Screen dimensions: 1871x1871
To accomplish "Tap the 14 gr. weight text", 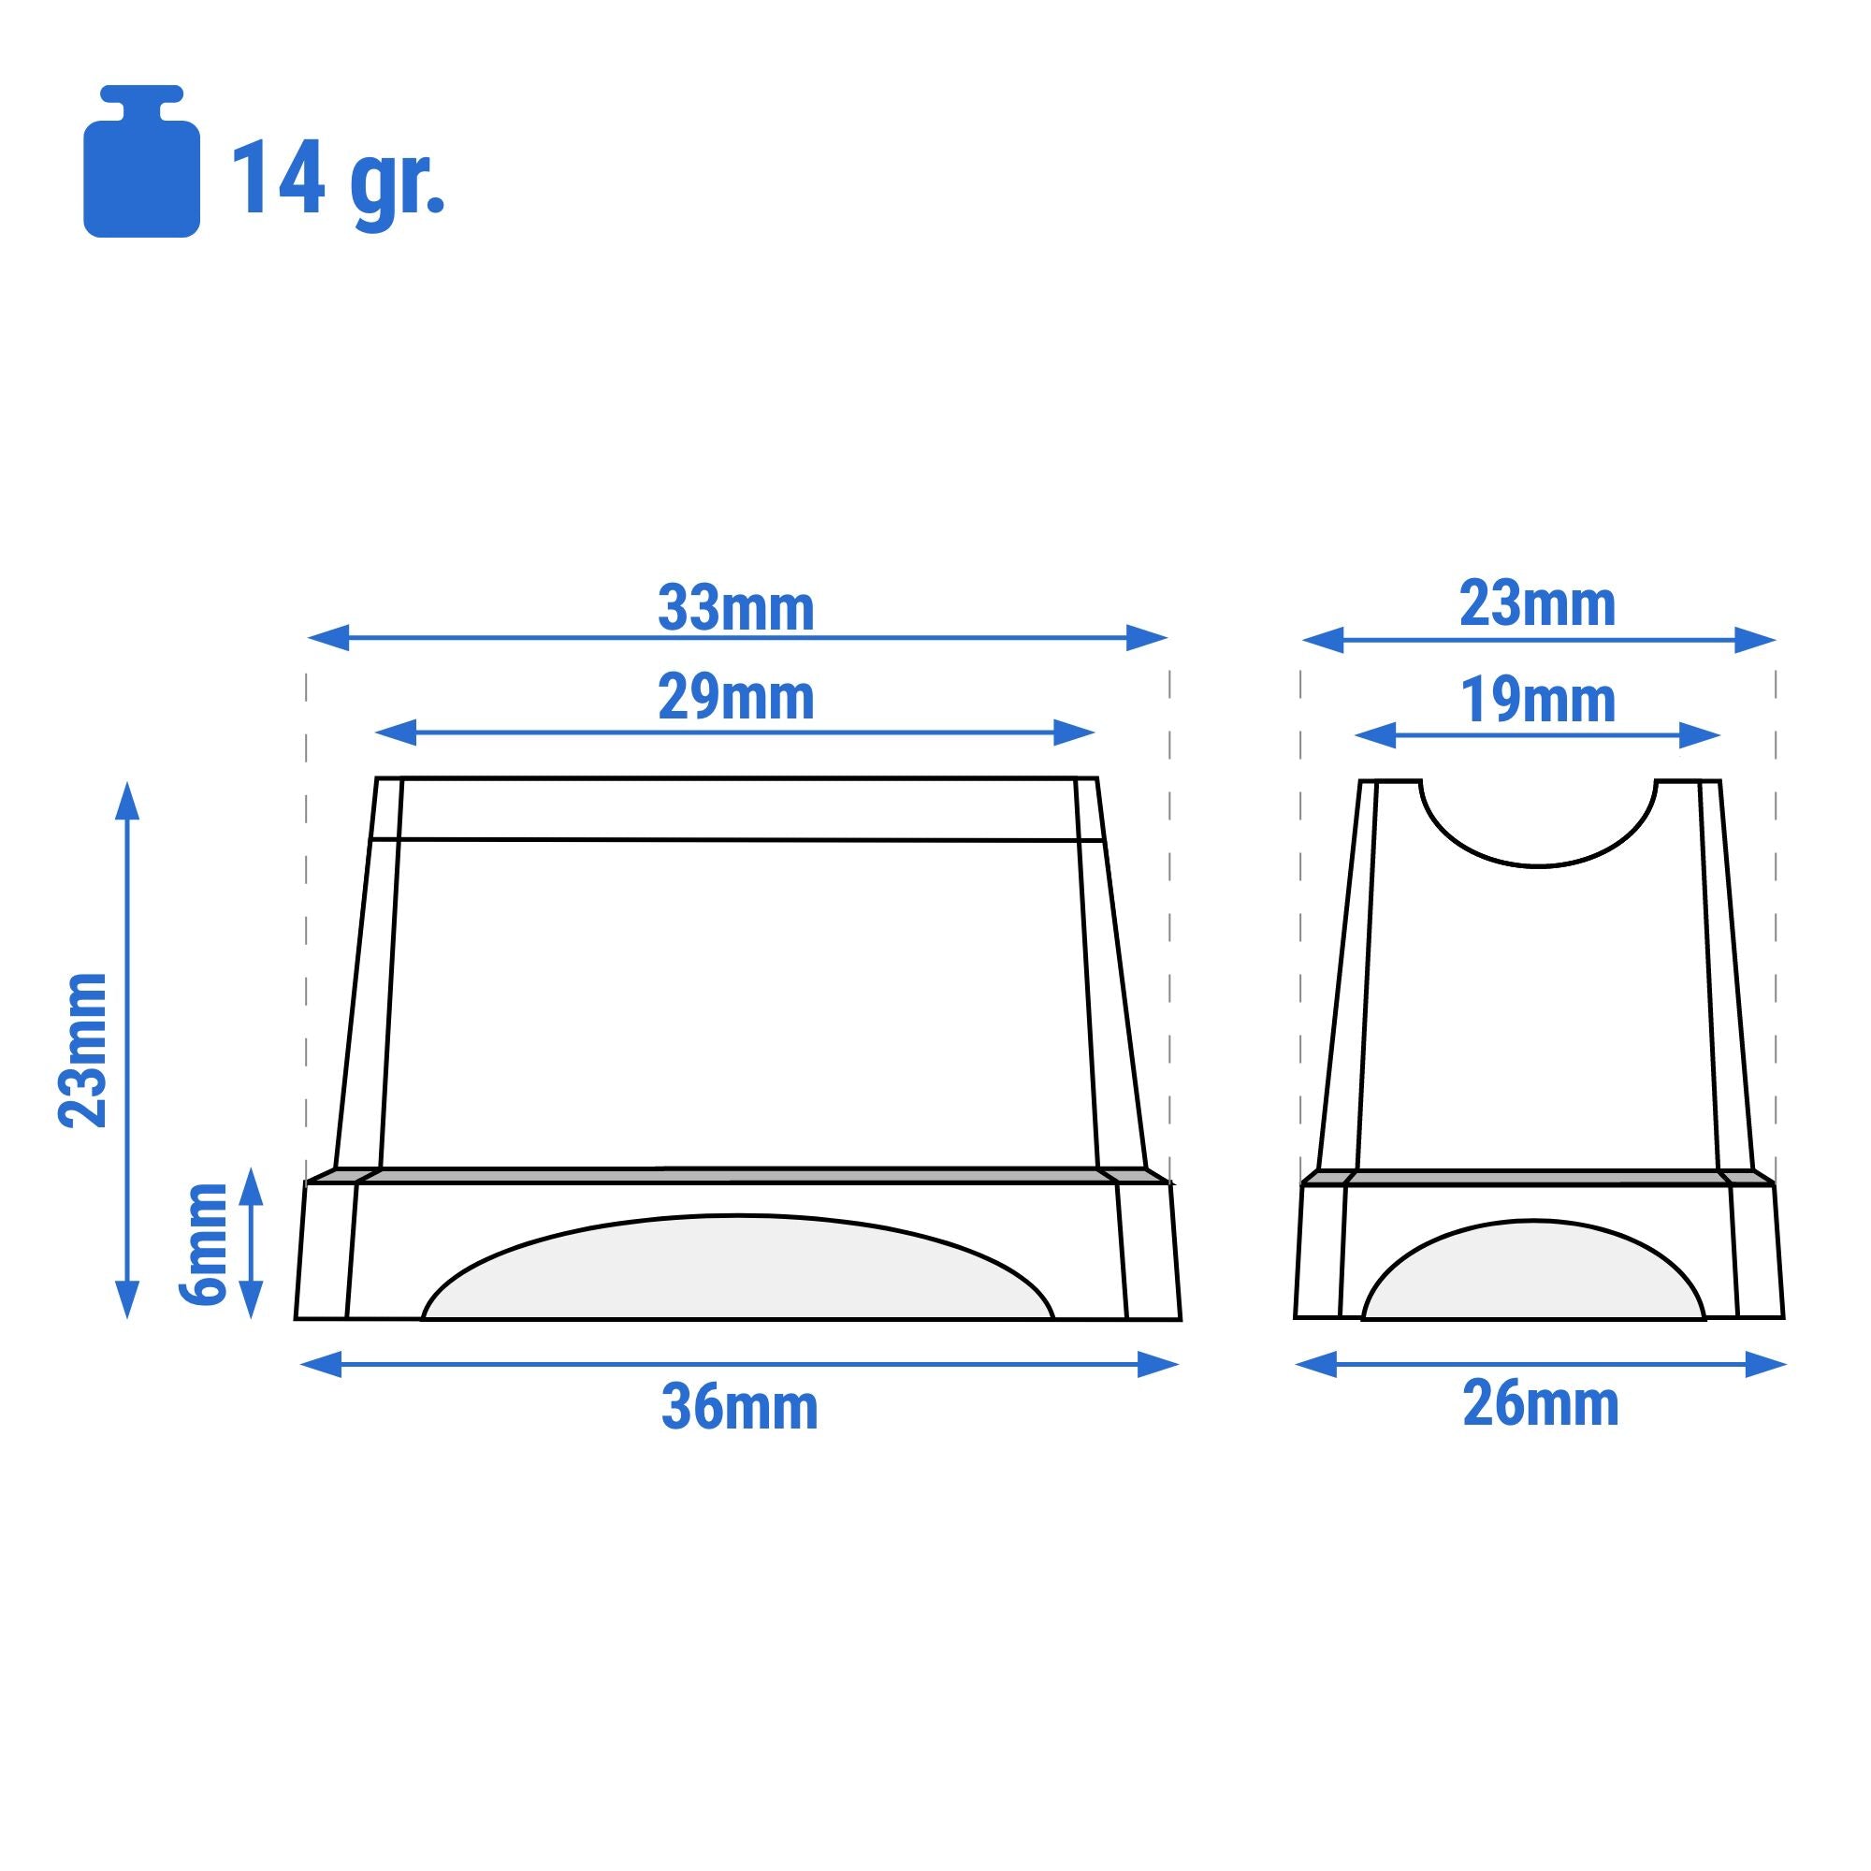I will (x=337, y=180).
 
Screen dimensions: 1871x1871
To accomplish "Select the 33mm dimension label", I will (x=736, y=609).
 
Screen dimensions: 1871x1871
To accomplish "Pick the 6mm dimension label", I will (x=203, y=1243).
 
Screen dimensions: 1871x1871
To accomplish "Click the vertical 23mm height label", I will (x=83, y=1051).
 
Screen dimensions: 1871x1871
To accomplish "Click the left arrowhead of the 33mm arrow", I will (x=327, y=638).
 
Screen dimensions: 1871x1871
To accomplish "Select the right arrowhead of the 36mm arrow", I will (x=1158, y=1365).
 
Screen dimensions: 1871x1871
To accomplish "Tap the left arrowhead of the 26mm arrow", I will (x=1315, y=1365).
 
